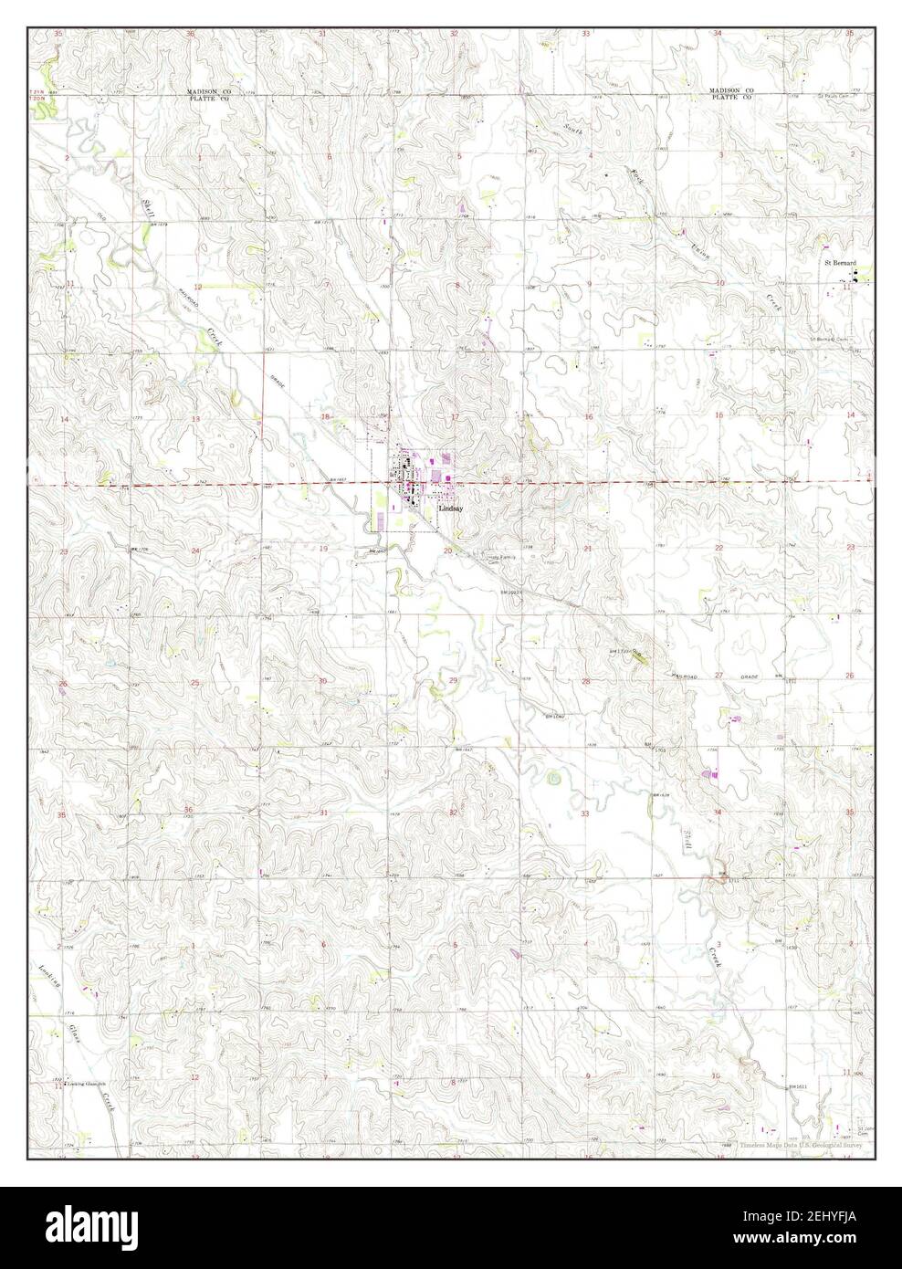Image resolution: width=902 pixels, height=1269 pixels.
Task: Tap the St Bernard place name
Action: click(x=840, y=263)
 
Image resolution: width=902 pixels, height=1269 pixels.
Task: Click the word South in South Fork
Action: click(x=573, y=130)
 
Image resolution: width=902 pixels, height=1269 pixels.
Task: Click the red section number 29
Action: click(x=454, y=681)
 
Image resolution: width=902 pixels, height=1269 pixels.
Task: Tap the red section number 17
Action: click(x=454, y=417)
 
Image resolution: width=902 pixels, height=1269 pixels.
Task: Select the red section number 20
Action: click(x=447, y=551)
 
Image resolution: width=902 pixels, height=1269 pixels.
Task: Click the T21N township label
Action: click(x=40, y=92)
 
